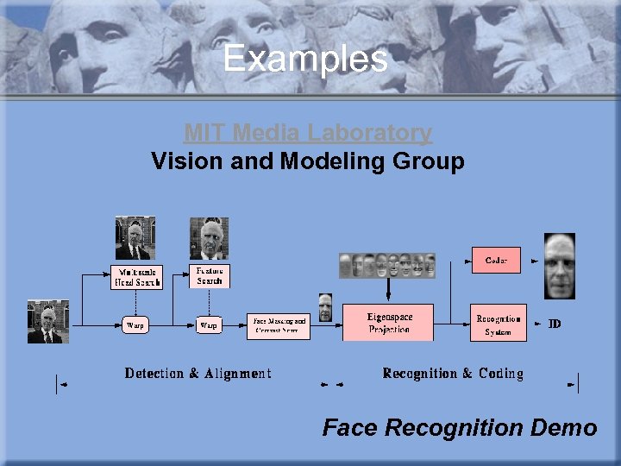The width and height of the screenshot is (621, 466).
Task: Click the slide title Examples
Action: (x=305, y=59)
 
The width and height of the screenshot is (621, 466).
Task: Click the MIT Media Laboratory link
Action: (x=307, y=133)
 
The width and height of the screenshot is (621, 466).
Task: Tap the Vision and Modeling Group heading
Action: (x=307, y=161)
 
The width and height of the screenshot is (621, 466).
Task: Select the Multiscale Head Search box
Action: (x=135, y=276)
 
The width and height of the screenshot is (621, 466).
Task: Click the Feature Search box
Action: (x=209, y=275)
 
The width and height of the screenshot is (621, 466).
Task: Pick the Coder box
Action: (x=496, y=260)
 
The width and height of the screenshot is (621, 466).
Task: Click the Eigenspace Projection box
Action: (x=388, y=323)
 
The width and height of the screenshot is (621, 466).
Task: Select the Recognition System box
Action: (x=498, y=324)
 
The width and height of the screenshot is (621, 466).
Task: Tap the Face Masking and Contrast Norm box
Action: (x=279, y=325)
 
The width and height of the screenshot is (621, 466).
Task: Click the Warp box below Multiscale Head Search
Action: (x=135, y=325)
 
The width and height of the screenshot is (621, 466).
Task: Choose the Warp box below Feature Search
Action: (x=209, y=325)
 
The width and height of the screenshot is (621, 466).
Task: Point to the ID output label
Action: (x=555, y=324)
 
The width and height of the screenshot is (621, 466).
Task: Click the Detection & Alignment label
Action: (x=198, y=373)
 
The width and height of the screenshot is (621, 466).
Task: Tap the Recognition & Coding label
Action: (x=453, y=373)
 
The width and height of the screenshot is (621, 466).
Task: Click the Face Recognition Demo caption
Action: (x=459, y=427)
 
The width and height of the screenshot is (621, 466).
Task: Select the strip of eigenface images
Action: (x=387, y=265)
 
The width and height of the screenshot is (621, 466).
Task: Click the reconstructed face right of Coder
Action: (x=559, y=266)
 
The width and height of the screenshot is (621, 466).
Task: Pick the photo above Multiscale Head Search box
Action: (x=135, y=238)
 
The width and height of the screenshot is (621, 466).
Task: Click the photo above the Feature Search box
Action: (x=209, y=238)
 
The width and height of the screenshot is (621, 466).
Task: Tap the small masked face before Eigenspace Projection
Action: (x=324, y=307)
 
